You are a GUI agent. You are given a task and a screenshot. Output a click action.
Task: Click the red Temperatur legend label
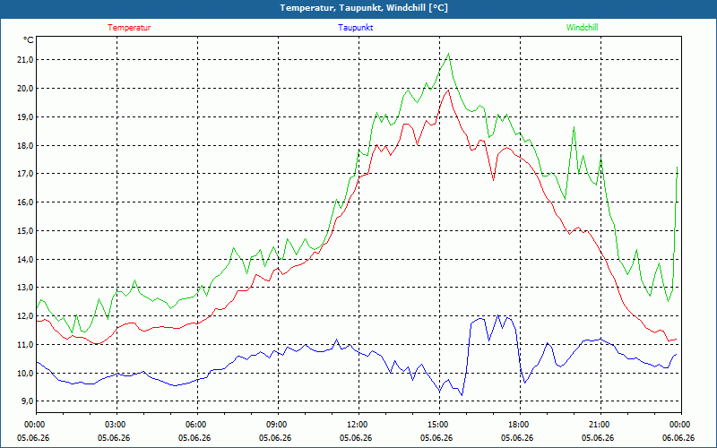point(129,28)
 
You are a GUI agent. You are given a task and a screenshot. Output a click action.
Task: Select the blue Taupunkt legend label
point(355,28)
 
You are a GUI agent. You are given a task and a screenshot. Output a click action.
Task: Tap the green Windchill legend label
point(582,28)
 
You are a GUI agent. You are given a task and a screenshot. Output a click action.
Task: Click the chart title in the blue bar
point(364,8)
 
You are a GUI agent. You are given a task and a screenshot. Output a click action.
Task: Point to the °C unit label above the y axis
point(29,40)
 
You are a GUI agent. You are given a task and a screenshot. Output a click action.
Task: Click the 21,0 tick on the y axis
point(26,60)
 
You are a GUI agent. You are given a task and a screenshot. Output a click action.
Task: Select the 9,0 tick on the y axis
point(28,401)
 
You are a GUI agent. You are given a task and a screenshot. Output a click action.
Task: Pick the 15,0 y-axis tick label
point(26,231)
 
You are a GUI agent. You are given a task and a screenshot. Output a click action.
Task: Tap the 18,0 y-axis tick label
point(26,145)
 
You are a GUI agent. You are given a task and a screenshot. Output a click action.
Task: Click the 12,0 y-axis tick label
point(26,316)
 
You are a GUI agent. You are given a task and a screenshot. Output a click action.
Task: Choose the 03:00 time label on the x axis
point(117,424)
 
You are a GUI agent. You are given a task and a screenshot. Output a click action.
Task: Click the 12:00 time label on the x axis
point(358,424)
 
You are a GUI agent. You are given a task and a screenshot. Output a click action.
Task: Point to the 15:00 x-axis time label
point(439,424)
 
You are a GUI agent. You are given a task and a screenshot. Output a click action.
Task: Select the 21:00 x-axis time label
point(600,424)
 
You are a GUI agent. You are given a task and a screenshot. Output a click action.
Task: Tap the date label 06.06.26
point(681,437)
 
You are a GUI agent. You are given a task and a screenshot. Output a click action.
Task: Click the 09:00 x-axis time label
point(278,424)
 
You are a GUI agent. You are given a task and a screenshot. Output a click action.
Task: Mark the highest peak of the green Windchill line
point(449,54)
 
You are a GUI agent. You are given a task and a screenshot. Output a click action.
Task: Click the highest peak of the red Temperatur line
point(449,90)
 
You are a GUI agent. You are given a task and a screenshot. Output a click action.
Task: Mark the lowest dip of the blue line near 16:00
point(462,395)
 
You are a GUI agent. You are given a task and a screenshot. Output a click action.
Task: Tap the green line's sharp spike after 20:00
point(574,127)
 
